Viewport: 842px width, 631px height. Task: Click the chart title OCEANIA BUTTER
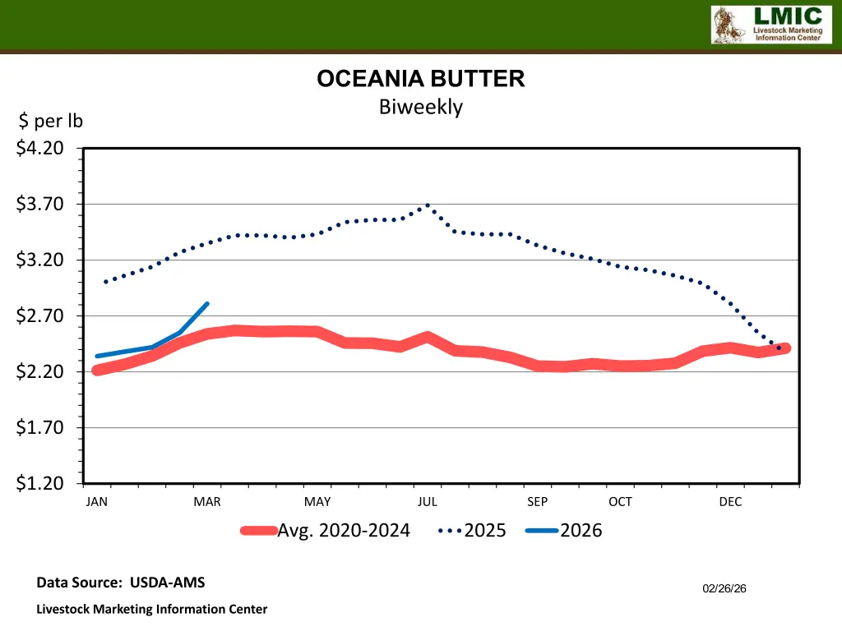point(420,79)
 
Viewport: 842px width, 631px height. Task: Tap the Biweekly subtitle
point(420,107)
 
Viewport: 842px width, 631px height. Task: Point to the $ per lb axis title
point(51,122)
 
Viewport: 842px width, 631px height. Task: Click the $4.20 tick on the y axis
point(40,149)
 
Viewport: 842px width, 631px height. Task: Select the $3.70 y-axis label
point(40,205)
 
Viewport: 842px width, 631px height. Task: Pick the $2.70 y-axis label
point(40,316)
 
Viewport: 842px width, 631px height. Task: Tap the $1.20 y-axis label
point(40,484)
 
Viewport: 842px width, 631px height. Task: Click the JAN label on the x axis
point(96,502)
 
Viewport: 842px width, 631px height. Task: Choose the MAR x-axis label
point(206,502)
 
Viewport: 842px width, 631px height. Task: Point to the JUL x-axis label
point(427,502)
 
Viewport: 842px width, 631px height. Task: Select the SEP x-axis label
point(537,502)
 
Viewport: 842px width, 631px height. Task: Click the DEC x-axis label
point(730,502)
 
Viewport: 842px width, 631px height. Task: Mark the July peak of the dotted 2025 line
point(428,205)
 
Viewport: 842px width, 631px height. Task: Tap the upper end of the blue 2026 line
point(207,304)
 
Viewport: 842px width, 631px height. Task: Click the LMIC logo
point(766,25)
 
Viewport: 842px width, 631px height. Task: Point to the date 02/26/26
point(724,588)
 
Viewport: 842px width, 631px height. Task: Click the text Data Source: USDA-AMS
point(121,583)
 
